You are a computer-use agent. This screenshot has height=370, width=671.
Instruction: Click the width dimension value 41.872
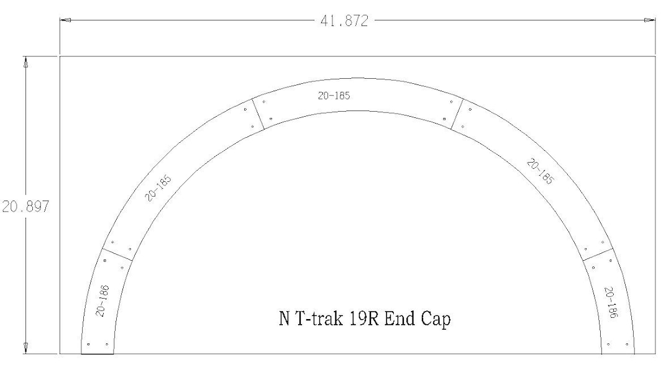pyautogui.click(x=344, y=21)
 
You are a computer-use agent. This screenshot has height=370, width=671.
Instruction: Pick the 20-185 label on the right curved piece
pyautogui.click(x=541, y=172)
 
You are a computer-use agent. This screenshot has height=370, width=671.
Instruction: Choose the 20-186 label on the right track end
pyautogui.click(x=611, y=303)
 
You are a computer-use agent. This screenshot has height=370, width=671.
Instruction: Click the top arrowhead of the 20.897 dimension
pyautogui.click(x=25, y=62)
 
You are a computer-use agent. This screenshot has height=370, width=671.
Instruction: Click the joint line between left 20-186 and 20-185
pyautogui.click(x=117, y=255)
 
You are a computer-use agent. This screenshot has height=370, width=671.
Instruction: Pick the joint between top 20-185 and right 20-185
pyautogui.click(x=458, y=114)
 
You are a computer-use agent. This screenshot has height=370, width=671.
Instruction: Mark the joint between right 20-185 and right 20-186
pyautogui.click(x=598, y=255)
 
